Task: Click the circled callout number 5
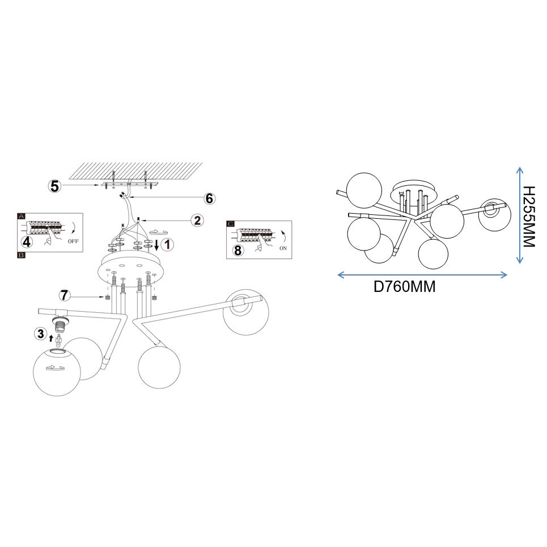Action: point(55,186)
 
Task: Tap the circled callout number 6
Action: point(209,198)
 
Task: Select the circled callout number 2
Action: point(197,220)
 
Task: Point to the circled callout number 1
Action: point(167,244)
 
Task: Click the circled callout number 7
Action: point(64,295)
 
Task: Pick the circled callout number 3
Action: point(40,333)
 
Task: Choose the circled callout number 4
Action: point(27,241)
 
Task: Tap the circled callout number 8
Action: point(238,250)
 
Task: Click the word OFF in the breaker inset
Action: point(73,241)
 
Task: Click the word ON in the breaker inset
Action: point(283,248)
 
